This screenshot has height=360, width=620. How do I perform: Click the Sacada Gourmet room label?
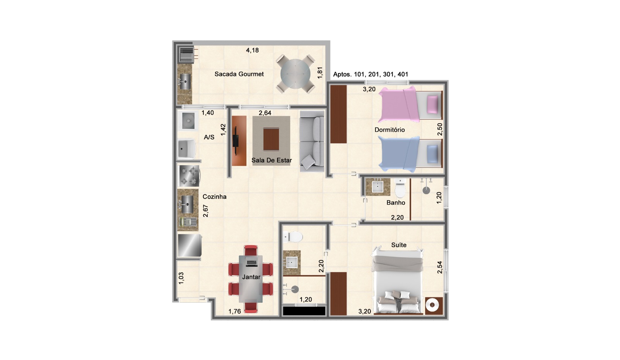point(239,74)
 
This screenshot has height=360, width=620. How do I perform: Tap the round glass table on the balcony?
point(295,74)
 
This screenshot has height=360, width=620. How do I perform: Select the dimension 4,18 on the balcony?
point(252,50)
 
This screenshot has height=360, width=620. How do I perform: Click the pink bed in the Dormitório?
point(410,104)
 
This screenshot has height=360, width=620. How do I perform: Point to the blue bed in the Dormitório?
point(410,154)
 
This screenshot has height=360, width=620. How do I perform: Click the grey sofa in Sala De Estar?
point(312,141)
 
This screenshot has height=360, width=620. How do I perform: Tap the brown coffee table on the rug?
point(271,139)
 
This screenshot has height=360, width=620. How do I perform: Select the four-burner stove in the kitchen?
point(189,176)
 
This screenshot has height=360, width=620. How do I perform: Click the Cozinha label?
point(215,197)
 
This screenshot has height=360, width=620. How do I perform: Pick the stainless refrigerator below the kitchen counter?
point(189,245)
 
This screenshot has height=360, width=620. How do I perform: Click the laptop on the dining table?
point(251,262)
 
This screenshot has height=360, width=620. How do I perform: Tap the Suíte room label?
point(399,245)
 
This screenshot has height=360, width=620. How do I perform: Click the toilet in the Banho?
point(400,188)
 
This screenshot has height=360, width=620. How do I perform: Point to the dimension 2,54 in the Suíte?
point(439,267)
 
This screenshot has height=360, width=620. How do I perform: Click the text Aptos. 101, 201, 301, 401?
point(370,74)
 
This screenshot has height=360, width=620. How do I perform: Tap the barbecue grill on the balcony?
point(186,55)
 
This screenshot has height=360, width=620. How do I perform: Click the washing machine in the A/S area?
point(188,121)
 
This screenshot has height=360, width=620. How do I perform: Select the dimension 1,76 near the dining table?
point(234,311)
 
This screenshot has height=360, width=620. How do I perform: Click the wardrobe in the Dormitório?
point(339,114)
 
